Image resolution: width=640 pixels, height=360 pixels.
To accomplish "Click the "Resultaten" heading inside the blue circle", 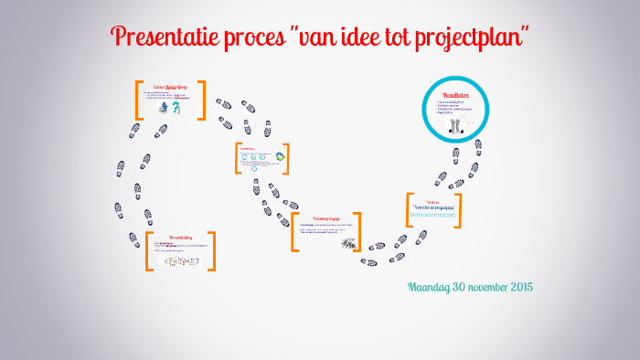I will click(x=455, y=94).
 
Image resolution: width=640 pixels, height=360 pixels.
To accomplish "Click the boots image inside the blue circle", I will click(x=457, y=127).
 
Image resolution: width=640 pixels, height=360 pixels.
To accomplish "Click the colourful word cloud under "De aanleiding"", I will click(x=180, y=261).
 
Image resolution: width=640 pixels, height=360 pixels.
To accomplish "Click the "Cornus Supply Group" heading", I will click(x=170, y=87).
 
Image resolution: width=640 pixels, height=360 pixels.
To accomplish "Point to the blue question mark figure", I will click(x=176, y=108).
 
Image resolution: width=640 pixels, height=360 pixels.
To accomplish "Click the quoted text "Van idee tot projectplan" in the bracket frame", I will click(x=433, y=208).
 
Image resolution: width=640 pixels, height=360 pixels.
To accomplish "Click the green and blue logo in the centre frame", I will click(x=281, y=156).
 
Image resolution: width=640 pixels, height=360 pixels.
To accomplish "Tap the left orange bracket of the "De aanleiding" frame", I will click(x=148, y=250).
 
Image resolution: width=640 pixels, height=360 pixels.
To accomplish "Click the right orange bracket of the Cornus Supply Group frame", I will click(x=202, y=100).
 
